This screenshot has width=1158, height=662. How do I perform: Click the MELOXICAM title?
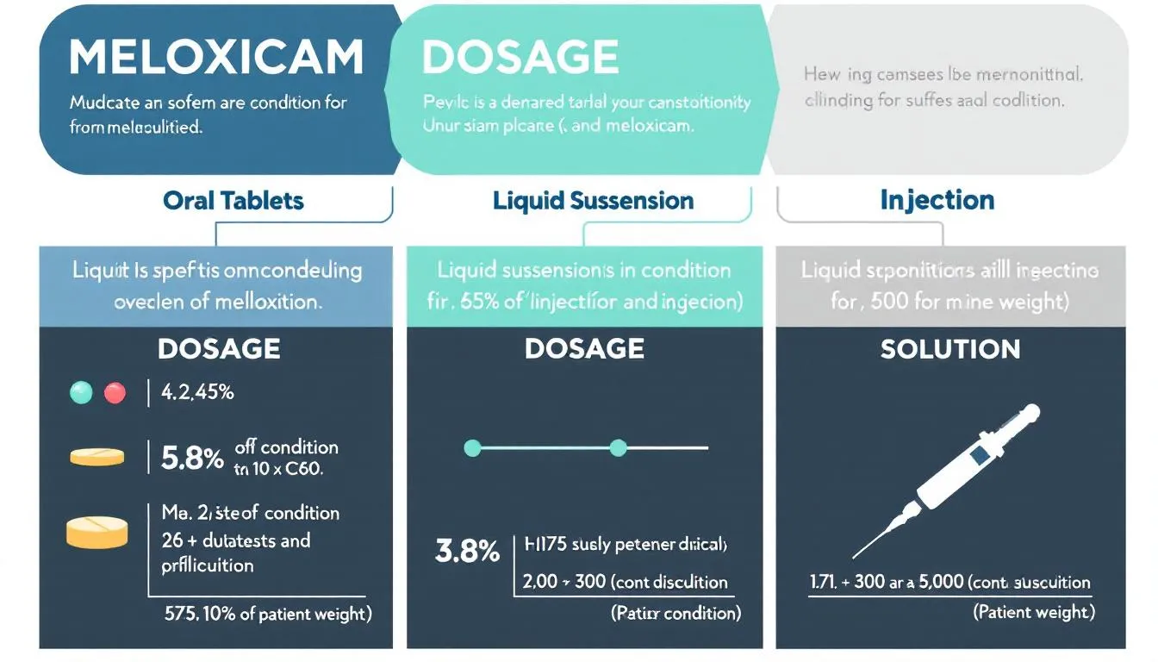tap(215, 59)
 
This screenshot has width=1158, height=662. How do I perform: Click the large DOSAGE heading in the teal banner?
tap(520, 59)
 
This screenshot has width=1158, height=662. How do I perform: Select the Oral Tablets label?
tap(233, 201)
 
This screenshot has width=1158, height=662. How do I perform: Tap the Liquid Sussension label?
tap(593, 201)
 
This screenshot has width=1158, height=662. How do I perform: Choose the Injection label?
tap(937, 201)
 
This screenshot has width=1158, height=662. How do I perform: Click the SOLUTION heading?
tap(949, 349)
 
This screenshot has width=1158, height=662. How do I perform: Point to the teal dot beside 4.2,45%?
tap(80, 393)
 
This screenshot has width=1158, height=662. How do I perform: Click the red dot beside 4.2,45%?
tap(115, 393)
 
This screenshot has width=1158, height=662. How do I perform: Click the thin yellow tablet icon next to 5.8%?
tap(96, 457)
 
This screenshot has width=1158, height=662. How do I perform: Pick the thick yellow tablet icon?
tap(96, 532)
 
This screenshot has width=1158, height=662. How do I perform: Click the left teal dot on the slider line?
tap(471, 447)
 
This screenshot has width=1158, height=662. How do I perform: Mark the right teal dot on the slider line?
tap(617, 447)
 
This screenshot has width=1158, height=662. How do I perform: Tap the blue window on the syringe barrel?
tap(978, 453)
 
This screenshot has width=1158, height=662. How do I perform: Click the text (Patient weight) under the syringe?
tap(1034, 612)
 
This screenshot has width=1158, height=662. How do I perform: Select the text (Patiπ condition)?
tap(675, 613)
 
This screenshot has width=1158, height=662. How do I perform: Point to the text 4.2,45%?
tap(198, 393)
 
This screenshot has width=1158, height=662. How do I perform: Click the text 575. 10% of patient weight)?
tap(268, 614)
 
